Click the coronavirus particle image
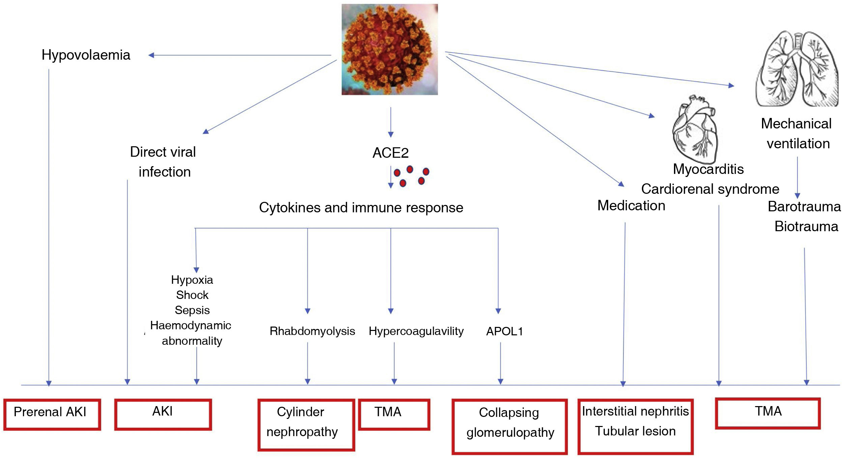point(390,49)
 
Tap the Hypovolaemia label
point(86,55)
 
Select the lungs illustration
point(797,69)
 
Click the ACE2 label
point(390,153)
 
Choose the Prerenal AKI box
point(52,414)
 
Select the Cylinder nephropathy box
point(306,424)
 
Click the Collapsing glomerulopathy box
point(509,426)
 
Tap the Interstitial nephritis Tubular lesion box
point(635,426)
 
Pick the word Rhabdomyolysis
point(312,331)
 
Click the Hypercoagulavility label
point(416,331)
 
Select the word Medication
point(631,206)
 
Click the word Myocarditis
point(708,169)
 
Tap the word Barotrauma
point(804,207)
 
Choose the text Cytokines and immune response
point(361,208)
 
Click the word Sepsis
point(192,310)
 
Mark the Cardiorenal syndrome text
point(710,189)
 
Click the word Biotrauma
point(806,226)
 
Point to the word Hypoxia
point(192,280)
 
